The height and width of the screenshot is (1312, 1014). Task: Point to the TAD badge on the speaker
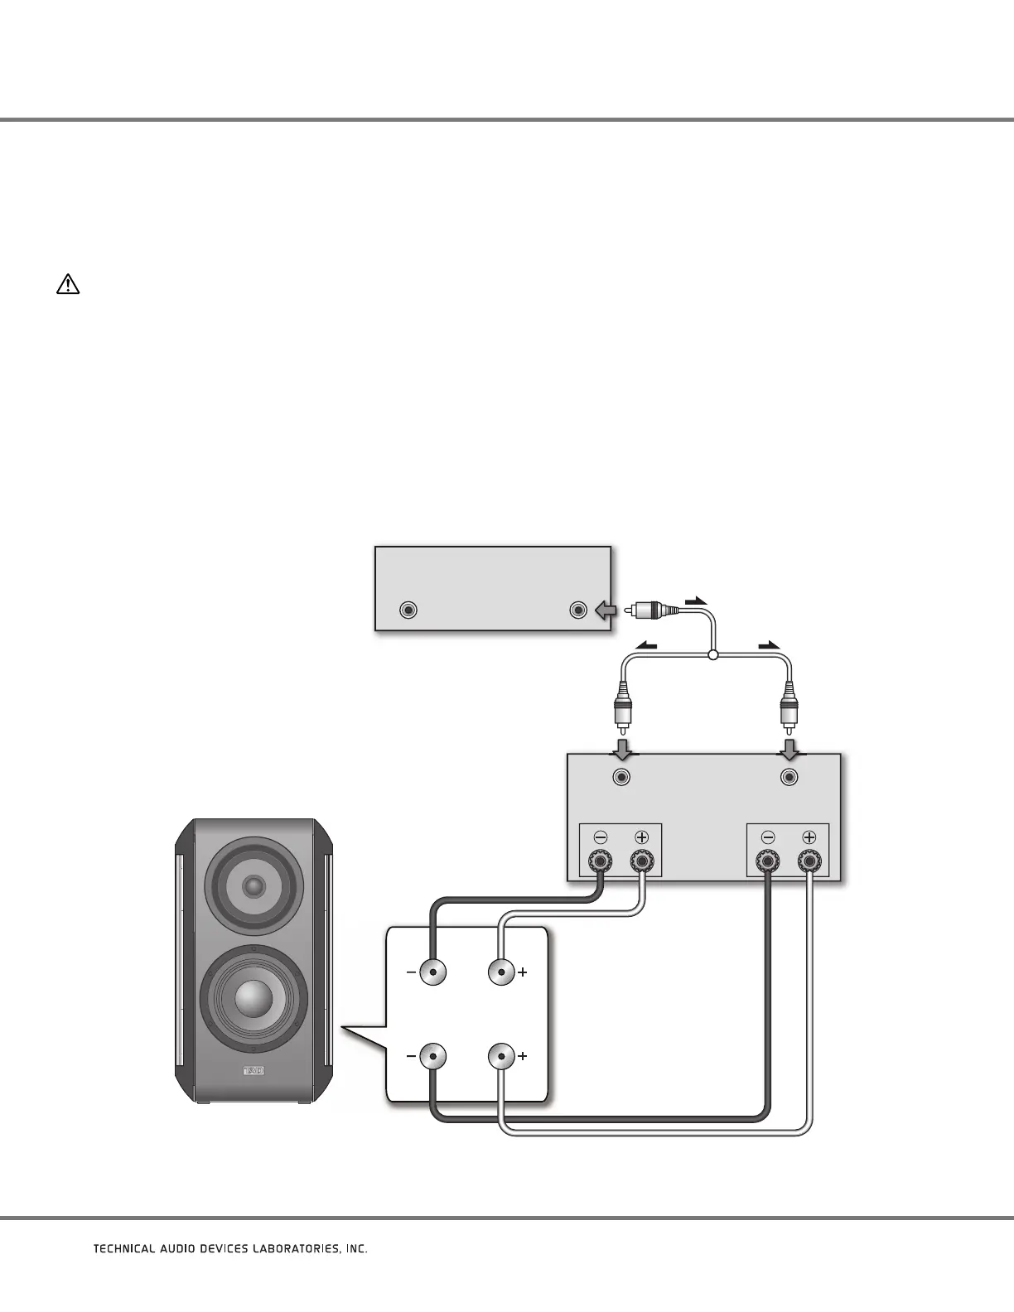click(x=253, y=1071)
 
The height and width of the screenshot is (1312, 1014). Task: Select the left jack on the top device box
click(x=407, y=610)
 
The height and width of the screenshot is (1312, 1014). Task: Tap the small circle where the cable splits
click(x=712, y=656)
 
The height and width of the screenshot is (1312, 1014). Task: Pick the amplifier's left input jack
click(x=622, y=777)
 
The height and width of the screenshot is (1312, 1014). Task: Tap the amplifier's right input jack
click(x=790, y=777)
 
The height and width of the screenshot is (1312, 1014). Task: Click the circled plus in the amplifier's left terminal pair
click(x=641, y=837)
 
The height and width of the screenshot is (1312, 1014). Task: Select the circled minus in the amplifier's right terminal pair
click(x=768, y=837)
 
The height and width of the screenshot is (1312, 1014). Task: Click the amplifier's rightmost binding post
click(x=809, y=862)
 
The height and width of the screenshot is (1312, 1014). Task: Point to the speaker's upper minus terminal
click(x=432, y=972)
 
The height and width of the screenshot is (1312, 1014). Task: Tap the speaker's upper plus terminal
click(x=501, y=972)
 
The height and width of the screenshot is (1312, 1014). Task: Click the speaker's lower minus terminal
click(x=432, y=1057)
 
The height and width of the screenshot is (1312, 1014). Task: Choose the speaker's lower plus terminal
click(x=501, y=1057)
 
